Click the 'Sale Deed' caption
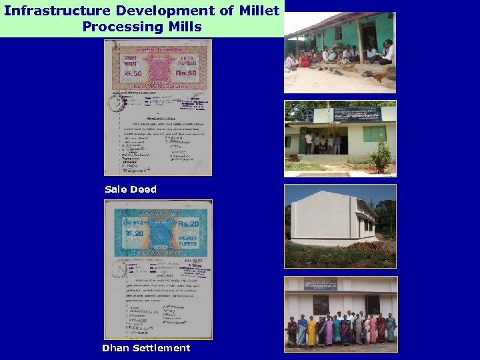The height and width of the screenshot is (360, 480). (x=131, y=189)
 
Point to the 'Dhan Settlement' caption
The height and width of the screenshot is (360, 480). (x=146, y=348)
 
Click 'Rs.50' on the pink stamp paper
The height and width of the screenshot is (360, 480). (x=187, y=72)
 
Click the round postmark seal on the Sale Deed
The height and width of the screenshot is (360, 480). (x=117, y=103)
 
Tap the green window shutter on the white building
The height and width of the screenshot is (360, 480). (x=374, y=134)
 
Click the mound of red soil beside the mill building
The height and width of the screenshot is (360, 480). (x=371, y=247)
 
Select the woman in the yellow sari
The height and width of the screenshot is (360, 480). (x=311, y=331)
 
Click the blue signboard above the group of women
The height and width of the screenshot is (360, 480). (x=320, y=283)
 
